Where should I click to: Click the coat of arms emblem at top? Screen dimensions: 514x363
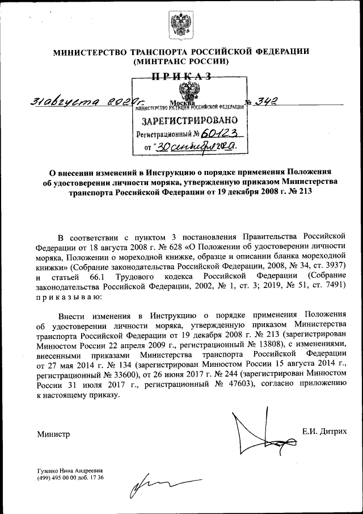(x=181, y=26)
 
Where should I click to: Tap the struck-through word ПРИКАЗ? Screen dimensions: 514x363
(x=181, y=77)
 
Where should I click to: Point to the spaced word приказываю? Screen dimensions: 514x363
(x=70, y=297)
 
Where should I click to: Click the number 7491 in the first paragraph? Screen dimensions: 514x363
(x=332, y=287)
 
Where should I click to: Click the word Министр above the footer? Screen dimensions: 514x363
(x=53, y=434)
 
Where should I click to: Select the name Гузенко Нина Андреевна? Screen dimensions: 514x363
(x=69, y=471)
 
